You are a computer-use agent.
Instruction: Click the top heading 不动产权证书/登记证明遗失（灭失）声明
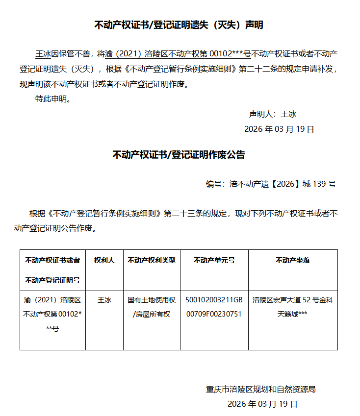pyautogui.click(x=179, y=25)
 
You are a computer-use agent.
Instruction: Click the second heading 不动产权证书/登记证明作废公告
pyautogui.click(x=179, y=155)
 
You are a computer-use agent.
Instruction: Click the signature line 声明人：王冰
pyautogui.click(x=273, y=114)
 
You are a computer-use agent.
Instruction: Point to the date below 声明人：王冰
pyautogui.click(x=279, y=129)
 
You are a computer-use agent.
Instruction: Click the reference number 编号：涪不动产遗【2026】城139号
pyautogui.click(x=271, y=184)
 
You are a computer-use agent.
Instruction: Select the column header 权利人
pyautogui.click(x=104, y=261)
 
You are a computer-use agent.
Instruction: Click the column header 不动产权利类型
pyautogui.click(x=151, y=261)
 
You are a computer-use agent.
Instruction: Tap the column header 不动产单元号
pyautogui.click(x=214, y=261)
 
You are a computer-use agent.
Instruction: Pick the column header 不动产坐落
pyautogui.click(x=293, y=261)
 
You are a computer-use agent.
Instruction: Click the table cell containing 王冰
pyautogui.click(x=104, y=300)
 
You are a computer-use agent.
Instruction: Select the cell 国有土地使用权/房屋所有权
pyautogui.click(x=151, y=307)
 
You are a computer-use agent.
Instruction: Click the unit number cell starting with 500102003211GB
pyautogui.click(x=214, y=307)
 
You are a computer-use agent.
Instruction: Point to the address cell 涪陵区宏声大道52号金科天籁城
pyautogui.click(x=293, y=307)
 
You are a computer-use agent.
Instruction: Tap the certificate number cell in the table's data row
pyautogui.click(x=52, y=314)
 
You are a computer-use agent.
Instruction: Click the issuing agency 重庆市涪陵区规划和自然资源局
pyautogui.click(x=260, y=390)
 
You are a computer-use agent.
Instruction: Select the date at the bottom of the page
pyautogui.click(x=262, y=404)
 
